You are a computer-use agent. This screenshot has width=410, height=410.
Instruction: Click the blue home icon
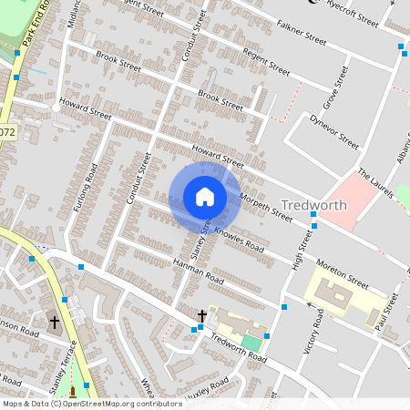click(x=205, y=197)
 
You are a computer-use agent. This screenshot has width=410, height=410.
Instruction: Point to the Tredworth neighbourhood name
click(x=314, y=205)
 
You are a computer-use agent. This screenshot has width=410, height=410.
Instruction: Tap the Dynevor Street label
click(x=334, y=130)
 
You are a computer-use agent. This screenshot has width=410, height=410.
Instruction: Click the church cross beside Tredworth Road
click(x=202, y=316)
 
